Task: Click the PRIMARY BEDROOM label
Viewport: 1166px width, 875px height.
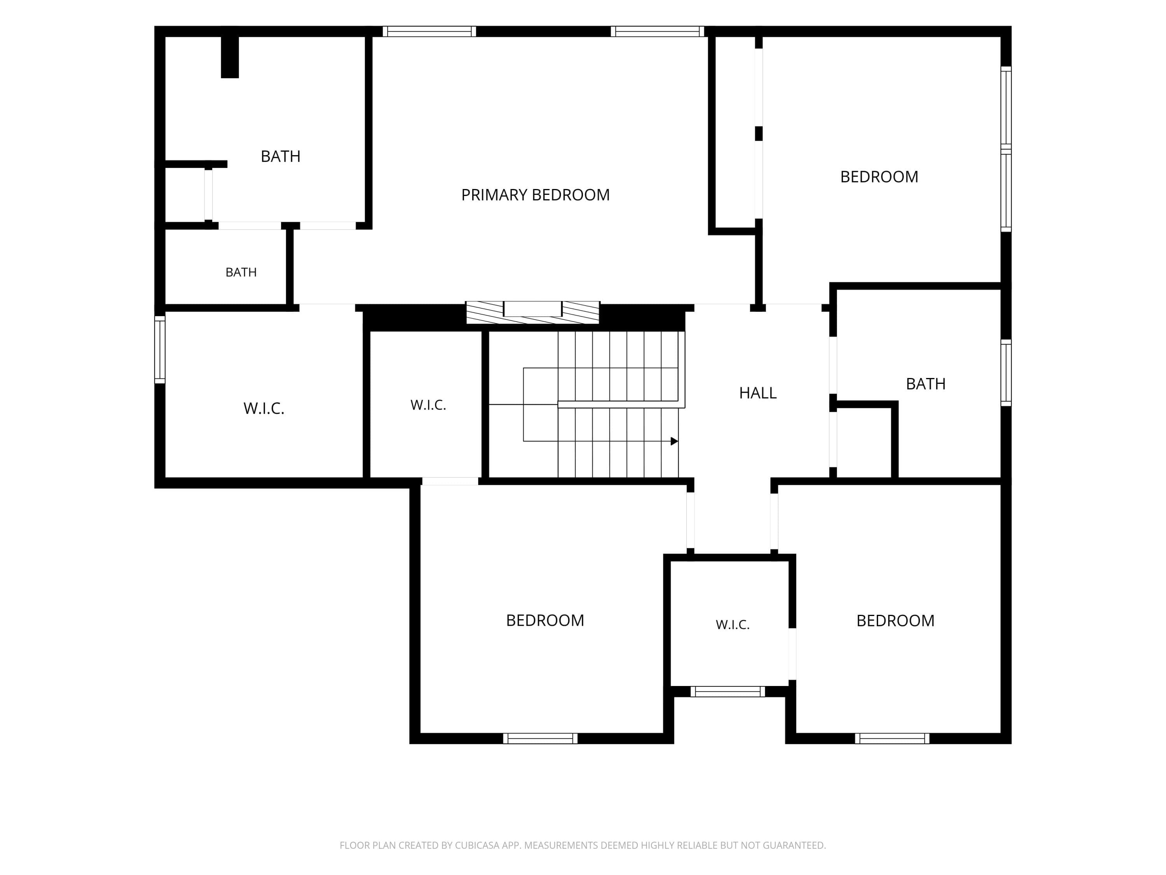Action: click(x=535, y=195)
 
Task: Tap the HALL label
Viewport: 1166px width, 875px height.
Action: click(x=758, y=393)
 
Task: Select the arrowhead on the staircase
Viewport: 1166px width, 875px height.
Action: click(x=674, y=441)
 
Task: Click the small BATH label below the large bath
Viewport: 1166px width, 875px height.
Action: click(x=241, y=272)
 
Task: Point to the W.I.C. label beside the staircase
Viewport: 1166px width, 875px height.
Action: click(x=428, y=405)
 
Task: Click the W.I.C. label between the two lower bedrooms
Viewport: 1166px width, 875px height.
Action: click(x=732, y=625)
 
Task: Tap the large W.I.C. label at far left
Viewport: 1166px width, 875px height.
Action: click(x=264, y=408)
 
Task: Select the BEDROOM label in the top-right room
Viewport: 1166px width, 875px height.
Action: click(x=879, y=177)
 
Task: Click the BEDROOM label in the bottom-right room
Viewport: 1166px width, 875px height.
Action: click(x=895, y=621)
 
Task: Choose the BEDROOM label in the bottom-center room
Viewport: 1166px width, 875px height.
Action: click(x=545, y=620)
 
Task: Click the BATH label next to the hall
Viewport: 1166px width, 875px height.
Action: click(x=926, y=384)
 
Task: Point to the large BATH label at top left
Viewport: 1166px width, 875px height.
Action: click(x=281, y=157)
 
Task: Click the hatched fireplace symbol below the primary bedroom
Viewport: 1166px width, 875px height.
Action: click(x=532, y=312)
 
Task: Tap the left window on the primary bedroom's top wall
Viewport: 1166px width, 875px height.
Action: click(x=429, y=31)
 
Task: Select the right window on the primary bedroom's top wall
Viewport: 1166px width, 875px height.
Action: click(x=657, y=31)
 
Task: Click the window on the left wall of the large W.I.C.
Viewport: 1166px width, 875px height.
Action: click(x=160, y=350)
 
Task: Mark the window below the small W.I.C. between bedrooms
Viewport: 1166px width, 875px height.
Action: click(x=728, y=691)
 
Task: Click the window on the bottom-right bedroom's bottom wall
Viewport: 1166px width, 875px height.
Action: click(x=892, y=738)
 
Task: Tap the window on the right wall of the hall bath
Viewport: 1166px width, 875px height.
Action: click(x=1006, y=373)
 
